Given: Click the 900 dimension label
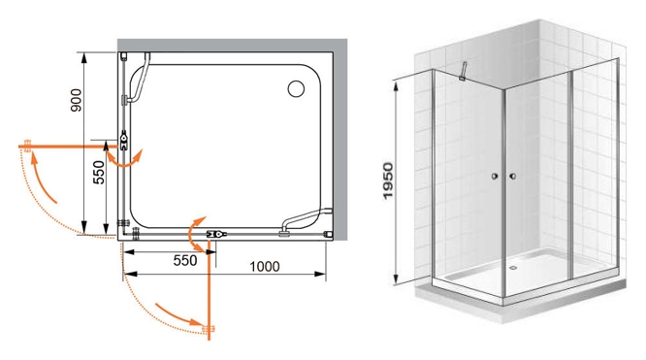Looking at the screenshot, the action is click(77, 100).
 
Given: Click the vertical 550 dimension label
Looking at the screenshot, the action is click(99, 172).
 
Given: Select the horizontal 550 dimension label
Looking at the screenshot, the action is click(185, 260).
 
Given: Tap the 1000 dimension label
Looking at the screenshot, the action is click(265, 267).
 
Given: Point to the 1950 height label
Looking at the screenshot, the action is click(388, 181).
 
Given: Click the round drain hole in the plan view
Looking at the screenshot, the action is click(296, 88).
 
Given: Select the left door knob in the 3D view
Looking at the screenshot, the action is click(495, 177).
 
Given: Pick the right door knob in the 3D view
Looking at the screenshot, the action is click(512, 177).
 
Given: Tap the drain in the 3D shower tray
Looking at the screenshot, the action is click(513, 267).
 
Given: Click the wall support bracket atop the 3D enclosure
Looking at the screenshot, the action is click(463, 71).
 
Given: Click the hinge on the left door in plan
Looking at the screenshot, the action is click(123, 140).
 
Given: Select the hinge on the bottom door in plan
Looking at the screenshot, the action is click(216, 234).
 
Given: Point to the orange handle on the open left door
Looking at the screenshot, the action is click(27, 146).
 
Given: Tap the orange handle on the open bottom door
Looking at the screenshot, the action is click(210, 329).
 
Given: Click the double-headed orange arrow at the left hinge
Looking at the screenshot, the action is click(123, 162).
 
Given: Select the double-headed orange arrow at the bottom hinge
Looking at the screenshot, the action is click(194, 234).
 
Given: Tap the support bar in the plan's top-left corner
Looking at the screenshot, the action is click(137, 80).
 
